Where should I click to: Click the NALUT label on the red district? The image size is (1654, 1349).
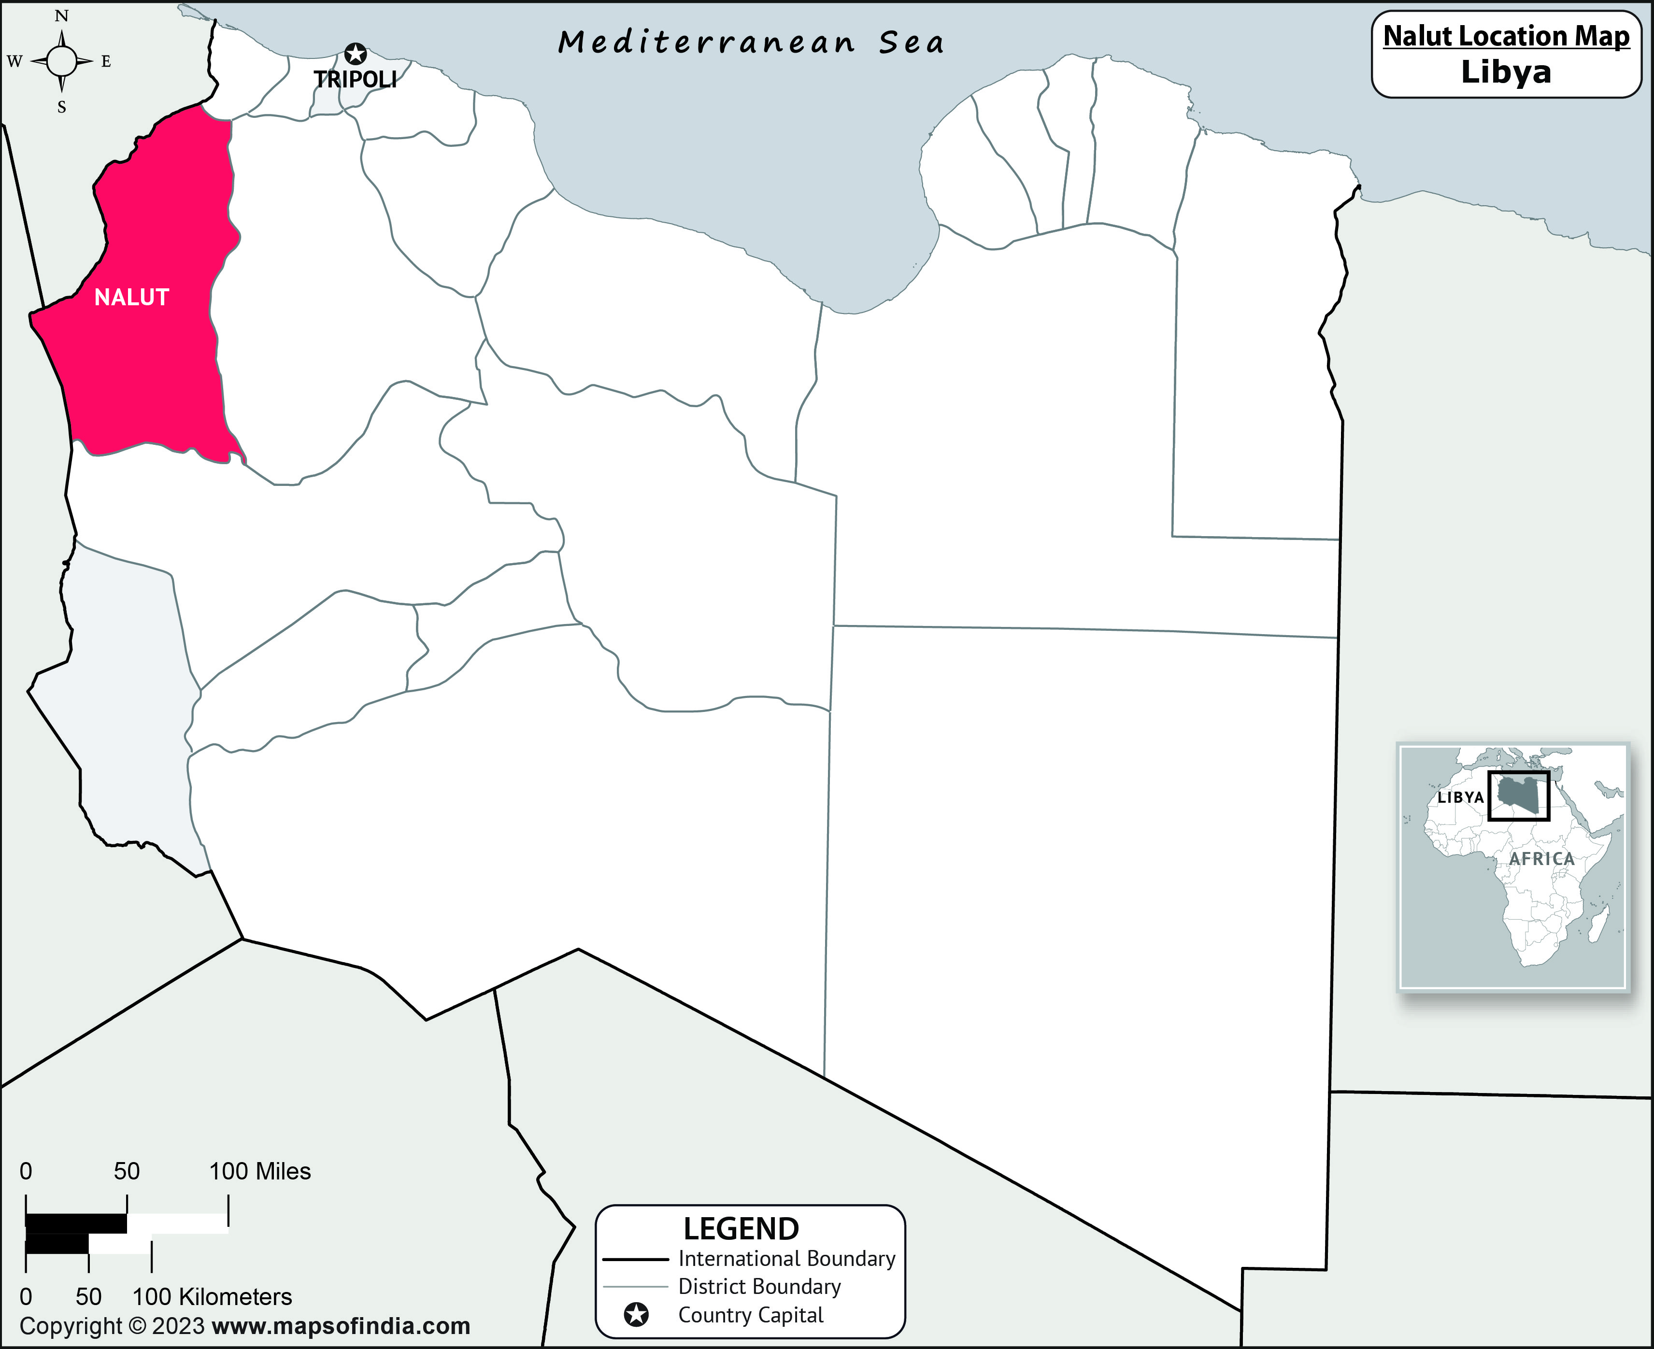coord(131,297)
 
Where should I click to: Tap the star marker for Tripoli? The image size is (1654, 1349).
coord(355,54)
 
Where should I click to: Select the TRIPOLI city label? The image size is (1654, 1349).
coord(355,79)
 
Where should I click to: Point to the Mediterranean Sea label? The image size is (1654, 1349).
coord(751,42)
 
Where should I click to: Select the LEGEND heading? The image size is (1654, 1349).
coord(741,1229)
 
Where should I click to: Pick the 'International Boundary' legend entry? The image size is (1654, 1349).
coord(786,1259)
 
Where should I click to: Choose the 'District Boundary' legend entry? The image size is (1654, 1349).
coord(759,1287)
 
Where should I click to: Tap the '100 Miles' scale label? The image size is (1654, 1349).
coord(259,1171)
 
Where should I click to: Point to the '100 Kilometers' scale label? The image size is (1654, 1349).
coord(212,1296)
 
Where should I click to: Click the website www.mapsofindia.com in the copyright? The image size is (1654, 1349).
coord(341,1326)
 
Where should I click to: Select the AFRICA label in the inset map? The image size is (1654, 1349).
coord(1541,859)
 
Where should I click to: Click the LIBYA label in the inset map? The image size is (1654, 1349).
coord(1460,797)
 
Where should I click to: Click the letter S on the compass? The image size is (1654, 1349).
coord(61,108)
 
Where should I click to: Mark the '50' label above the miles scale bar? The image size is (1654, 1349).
coord(127,1171)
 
